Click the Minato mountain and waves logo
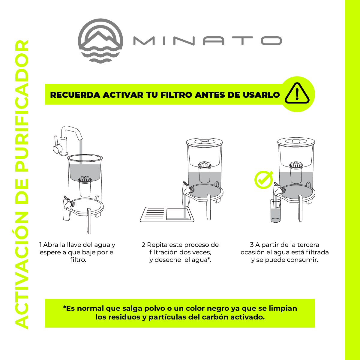tap(100, 41)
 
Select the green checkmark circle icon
tap(263, 180)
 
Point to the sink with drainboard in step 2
tap(167, 214)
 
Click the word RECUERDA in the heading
tap(75, 95)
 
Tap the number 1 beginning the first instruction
tap(40, 245)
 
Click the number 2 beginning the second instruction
tap(143, 245)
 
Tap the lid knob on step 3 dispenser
tap(295, 141)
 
